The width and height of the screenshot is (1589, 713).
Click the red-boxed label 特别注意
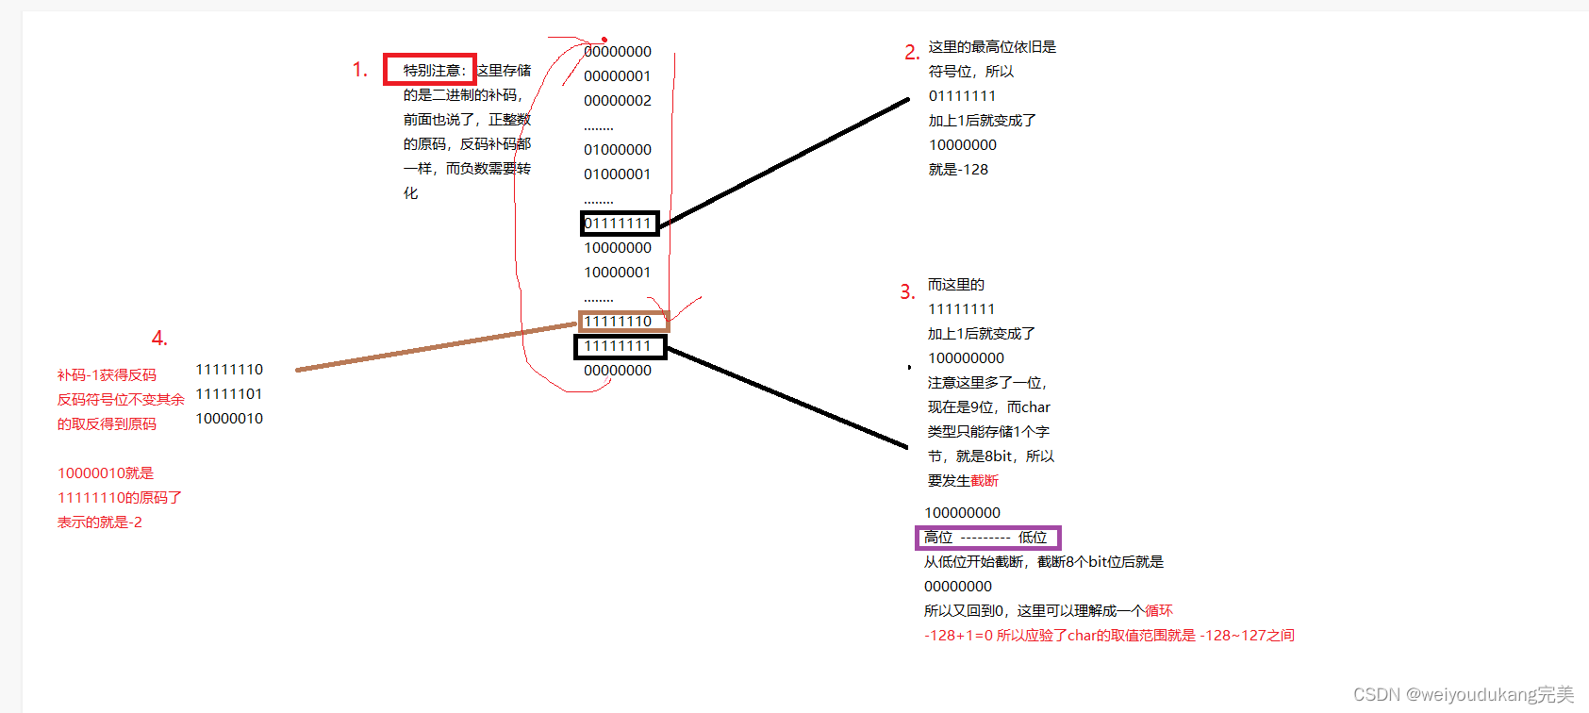pyautogui.click(x=430, y=70)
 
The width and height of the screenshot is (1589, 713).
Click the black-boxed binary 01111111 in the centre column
pyautogui.click(x=619, y=224)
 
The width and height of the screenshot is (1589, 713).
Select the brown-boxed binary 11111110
pyautogui.click(x=622, y=322)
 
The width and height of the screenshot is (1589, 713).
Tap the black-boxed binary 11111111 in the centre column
pyautogui.click(x=620, y=347)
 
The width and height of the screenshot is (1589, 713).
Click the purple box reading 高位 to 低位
pyautogui.click(x=987, y=538)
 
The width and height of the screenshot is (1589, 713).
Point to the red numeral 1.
pyautogui.click(x=359, y=70)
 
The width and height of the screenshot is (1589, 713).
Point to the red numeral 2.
pyautogui.click(x=911, y=53)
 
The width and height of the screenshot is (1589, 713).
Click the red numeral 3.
pyautogui.click(x=907, y=292)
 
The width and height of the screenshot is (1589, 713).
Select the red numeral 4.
pyautogui.click(x=159, y=339)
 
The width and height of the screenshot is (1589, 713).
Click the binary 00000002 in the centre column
pyautogui.click(x=618, y=101)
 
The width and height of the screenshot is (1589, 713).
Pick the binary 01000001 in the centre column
pyautogui.click(x=618, y=174)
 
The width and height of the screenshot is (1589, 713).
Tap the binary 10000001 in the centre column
pyautogui.click(x=618, y=273)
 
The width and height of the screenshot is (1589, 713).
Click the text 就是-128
pyautogui.click(x=958, y=170)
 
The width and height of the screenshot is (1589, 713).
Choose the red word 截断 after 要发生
pyautogui.click(x=985, y=481)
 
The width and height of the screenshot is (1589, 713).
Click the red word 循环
pyautogui.click(x=1159, y=611)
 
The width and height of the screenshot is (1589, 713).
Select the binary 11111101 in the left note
pyautogui.click(x=229, y=394)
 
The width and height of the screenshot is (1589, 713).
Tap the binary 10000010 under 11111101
pyautogui.click(x=229, y=419)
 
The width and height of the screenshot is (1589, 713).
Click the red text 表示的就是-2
pyautogui.click(x=100, y=522)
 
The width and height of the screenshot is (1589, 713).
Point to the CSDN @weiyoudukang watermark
pyautogui.click(x=1464, y=695)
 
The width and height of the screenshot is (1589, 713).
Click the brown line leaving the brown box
pyautogui.click(x=434, y=347)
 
